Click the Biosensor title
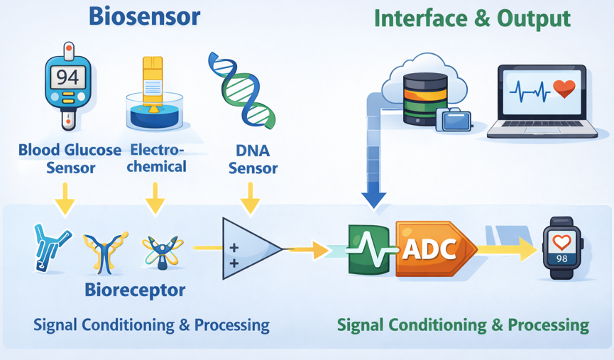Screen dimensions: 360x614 144,17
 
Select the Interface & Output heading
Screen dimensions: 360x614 472,18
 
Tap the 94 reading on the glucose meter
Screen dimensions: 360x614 67,77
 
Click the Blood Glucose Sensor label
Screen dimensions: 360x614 70,159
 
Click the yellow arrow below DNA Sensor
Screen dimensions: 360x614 250,198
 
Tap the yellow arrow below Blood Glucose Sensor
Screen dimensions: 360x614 65,199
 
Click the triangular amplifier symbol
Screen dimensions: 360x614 248,249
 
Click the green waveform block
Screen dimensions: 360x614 369,250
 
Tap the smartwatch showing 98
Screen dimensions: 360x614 561,249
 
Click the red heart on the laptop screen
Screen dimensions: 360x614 564,89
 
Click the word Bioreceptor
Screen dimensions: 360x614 135,290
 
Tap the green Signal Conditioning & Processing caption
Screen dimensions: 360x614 463,325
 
